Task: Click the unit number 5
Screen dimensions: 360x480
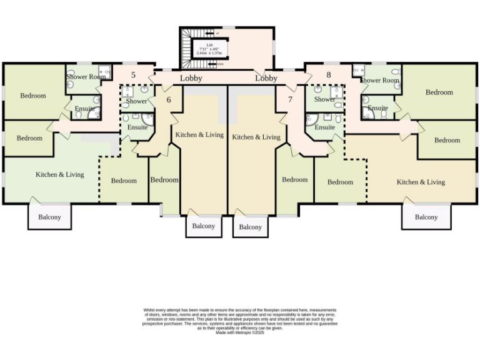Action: point(132,76)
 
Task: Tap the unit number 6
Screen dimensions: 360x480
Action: point(168,99)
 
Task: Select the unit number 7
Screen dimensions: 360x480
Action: point(290,99)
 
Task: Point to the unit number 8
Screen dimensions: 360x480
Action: point(328,76)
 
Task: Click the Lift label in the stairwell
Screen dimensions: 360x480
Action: point(210,45)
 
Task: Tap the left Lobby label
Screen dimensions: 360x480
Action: point(191,78)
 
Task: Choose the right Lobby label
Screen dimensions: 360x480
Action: point(266,78)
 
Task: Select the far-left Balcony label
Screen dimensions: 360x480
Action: point(49,217)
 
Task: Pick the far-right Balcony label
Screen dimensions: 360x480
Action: point(426,217)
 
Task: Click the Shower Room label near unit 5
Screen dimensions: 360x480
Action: point(86,77)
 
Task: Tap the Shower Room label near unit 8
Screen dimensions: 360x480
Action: point(379,80)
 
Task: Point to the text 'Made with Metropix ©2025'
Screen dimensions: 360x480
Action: point(240,332)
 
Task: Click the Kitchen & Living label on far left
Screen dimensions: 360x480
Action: point(60,174)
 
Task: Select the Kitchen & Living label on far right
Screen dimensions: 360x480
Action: point(421,182)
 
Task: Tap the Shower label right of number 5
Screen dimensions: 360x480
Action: point(136,101)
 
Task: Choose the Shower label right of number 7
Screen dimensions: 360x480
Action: point(325,99)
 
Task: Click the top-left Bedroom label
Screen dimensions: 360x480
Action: point(32,96)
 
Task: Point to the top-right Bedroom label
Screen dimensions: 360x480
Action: point(439,92)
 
